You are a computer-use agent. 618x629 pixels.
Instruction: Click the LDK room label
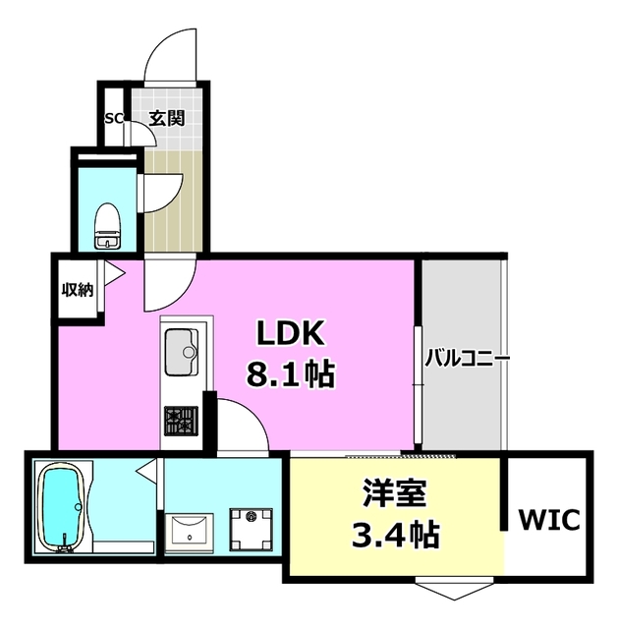[x=291, y=335]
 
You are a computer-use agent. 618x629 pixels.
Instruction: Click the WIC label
[x=550, y=518]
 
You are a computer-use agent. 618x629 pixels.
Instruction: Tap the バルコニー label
[x=467, y=359]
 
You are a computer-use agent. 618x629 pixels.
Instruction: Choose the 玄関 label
[x=167, y=119]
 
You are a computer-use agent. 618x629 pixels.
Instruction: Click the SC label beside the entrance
[x=113, y=119]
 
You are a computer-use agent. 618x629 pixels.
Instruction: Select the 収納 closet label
[x=78, y=288]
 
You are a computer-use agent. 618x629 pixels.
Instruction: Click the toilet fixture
[x=105, y=227]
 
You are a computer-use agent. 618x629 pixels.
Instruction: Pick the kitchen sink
[x=182, y=353]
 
